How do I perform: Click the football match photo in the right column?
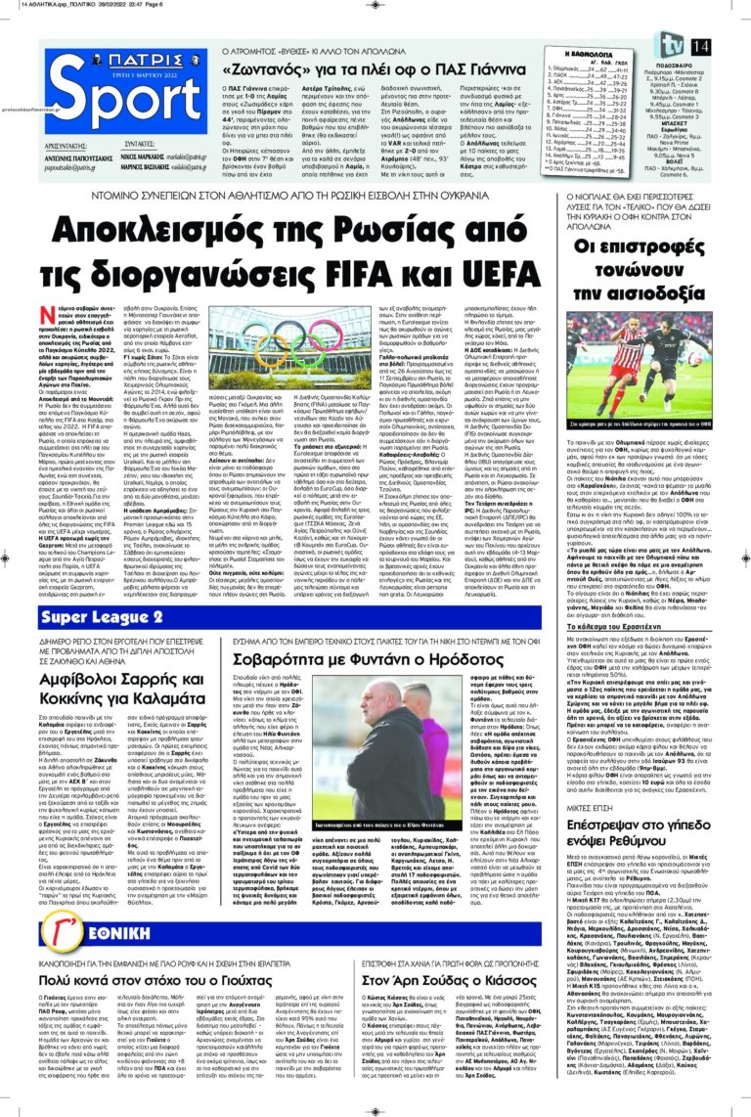pyautogui.click(x=640, y=372)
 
